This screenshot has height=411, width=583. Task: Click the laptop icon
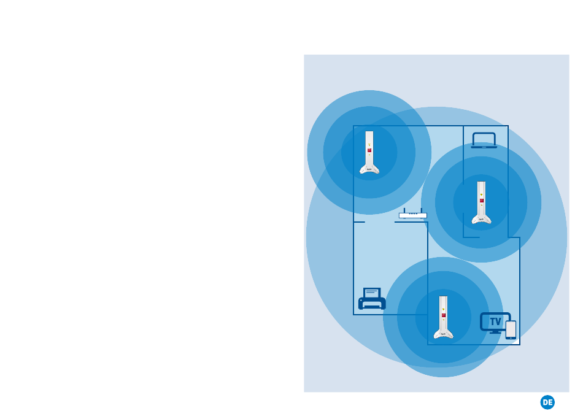tap(484, 140)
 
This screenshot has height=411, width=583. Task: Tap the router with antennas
tap(412, 215)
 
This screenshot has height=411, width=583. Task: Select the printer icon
tap(372, 299)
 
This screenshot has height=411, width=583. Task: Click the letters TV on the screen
tap(495, 321)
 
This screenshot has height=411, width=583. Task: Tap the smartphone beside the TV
tap(511, 329)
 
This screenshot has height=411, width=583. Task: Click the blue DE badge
tap(547, 402)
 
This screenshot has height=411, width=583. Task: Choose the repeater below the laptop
tap(482, 202)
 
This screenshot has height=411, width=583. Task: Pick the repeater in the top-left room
tap(369, 153)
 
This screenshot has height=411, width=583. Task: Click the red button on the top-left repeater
tap(369, 150)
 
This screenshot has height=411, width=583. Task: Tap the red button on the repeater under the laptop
tap(482, 201)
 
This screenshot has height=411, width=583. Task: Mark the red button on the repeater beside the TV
tap(443, 315)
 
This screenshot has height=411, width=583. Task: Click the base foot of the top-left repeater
tap(369, 170)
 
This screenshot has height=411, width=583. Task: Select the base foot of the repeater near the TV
tap(443, 334)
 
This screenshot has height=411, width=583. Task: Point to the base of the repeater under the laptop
tap(482, 220)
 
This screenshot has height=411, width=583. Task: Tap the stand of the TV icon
tap(495, 332)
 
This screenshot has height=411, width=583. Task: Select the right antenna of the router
tap(422, 210)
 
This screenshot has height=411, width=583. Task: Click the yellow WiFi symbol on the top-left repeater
tap(369, 144)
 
